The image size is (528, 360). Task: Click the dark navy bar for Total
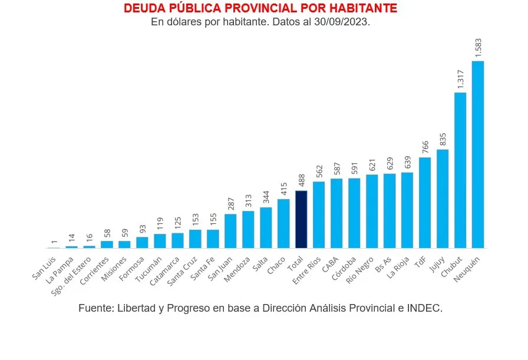click(301, 219)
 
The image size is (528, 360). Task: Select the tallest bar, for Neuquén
click(478, 154)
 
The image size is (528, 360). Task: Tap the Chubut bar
click(460, 170)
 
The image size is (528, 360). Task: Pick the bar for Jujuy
click(443, 199)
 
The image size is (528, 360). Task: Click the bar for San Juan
click(230, 231)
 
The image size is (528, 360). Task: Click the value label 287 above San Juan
click(230, 203)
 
